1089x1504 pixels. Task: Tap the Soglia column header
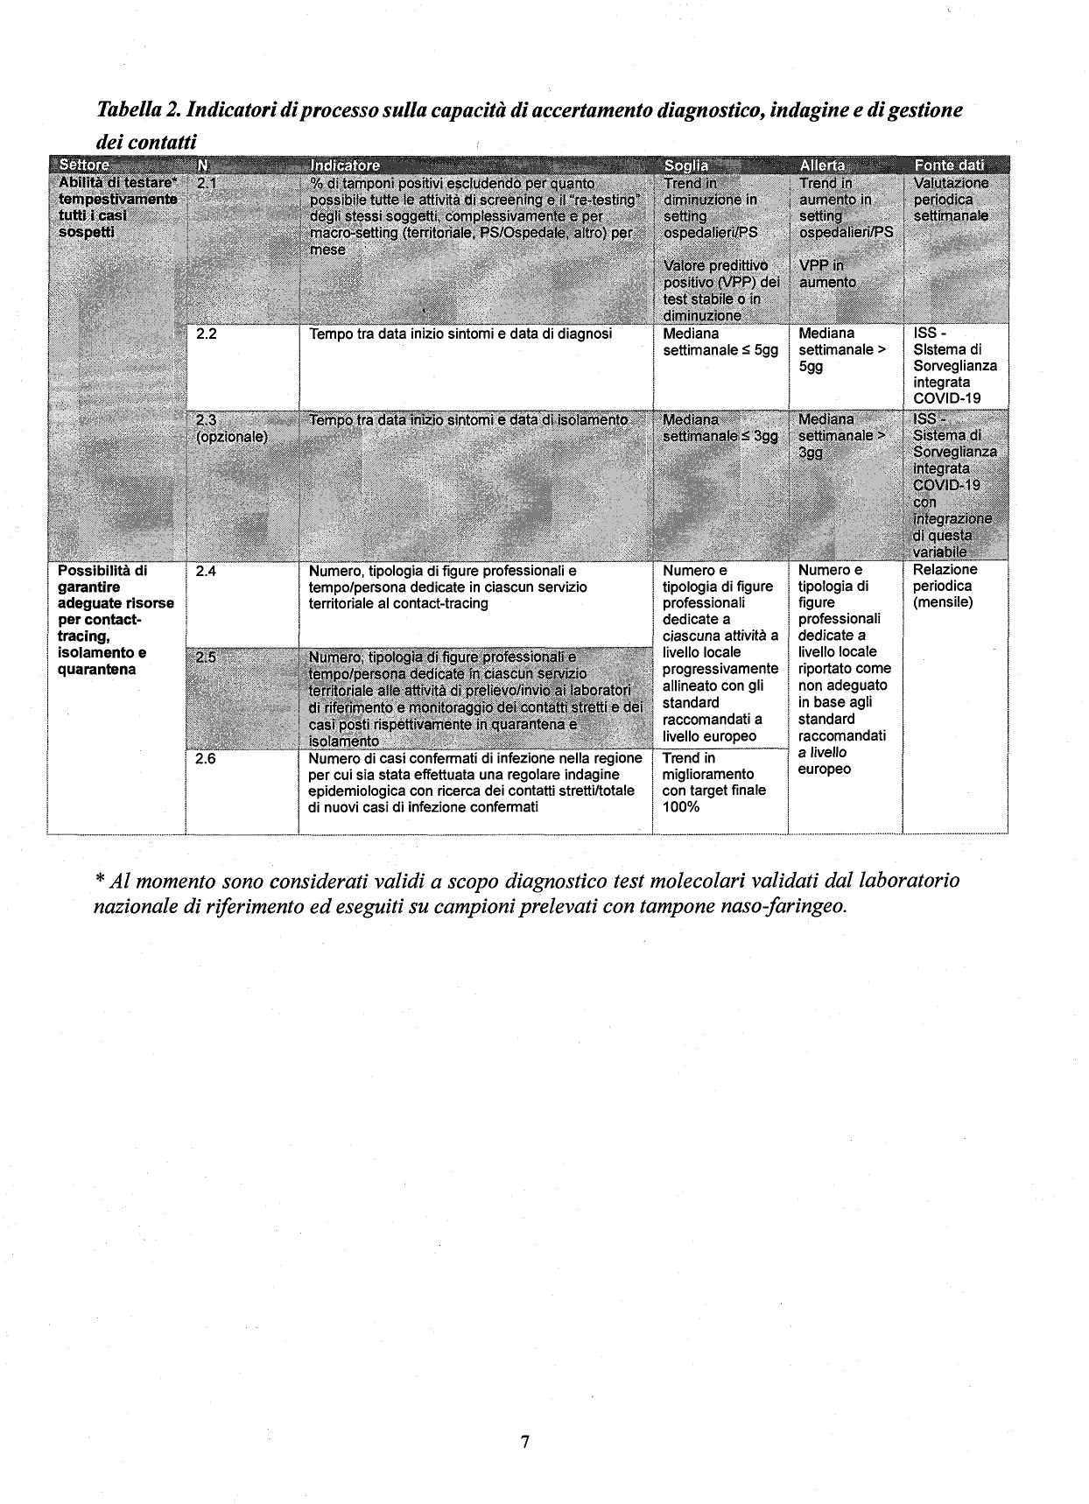(686, 165)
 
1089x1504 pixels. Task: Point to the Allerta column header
(822, 165)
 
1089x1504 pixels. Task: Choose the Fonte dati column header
(949, 165)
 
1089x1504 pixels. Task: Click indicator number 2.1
(206, 183)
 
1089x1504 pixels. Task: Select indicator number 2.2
(206, 334)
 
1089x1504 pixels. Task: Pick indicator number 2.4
(206, 571)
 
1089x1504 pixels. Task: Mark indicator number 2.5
(206, 657)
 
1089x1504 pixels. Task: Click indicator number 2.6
(206, 759)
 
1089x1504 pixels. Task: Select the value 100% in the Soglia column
(681, 807)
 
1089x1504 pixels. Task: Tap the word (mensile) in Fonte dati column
(943, 603)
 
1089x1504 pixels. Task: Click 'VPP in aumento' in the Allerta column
(827, 274)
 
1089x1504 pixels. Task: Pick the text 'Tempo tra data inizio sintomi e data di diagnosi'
(460, 334)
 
